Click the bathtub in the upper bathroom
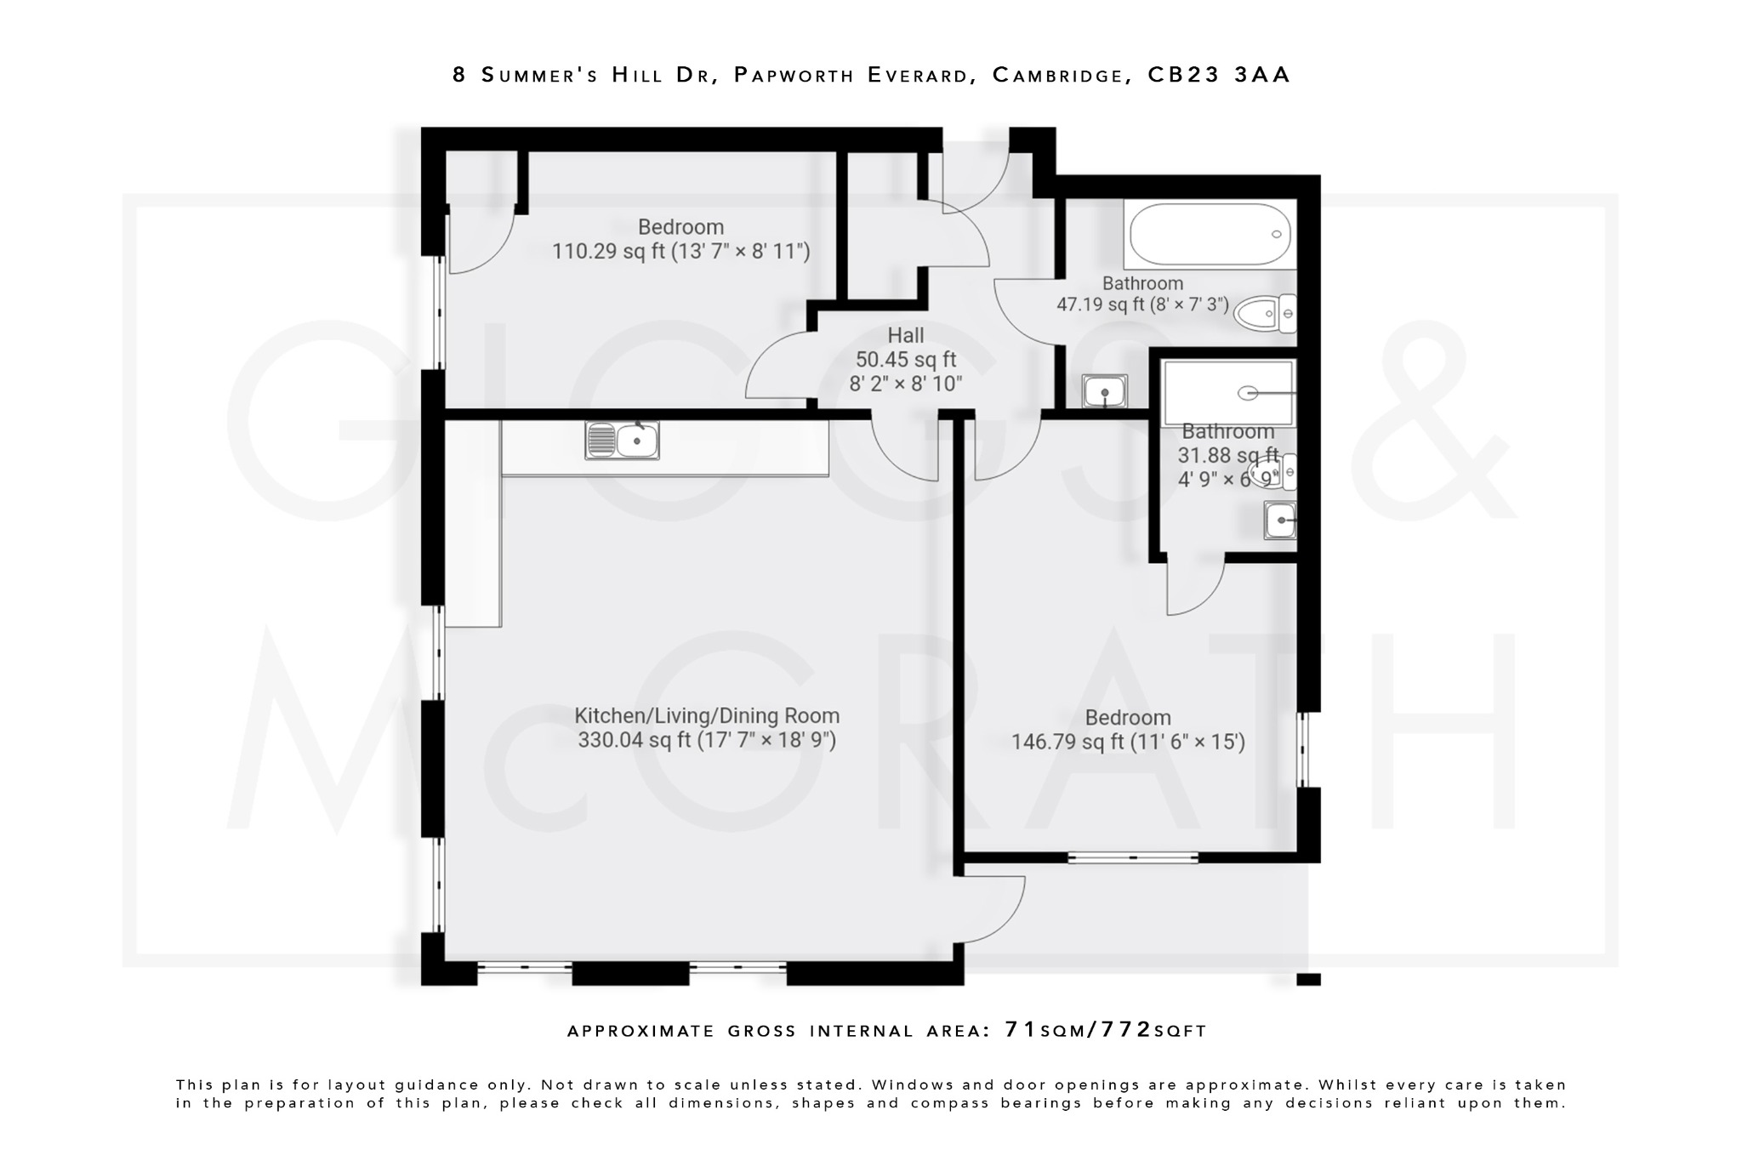click(1209, 235)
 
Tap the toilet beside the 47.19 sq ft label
click(1264, 314)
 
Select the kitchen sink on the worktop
click(622, 441)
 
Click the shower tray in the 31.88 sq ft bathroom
click(1227, 393)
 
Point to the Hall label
click(905, 336)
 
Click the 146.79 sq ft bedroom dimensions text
click(1127, 743)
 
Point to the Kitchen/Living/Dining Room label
click(706, 716)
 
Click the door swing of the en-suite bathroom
click(1193, 585)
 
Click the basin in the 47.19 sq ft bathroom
click(1104, 393)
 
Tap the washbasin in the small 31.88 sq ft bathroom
click(1280, 521)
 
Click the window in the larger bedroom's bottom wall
click(1132, 857)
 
